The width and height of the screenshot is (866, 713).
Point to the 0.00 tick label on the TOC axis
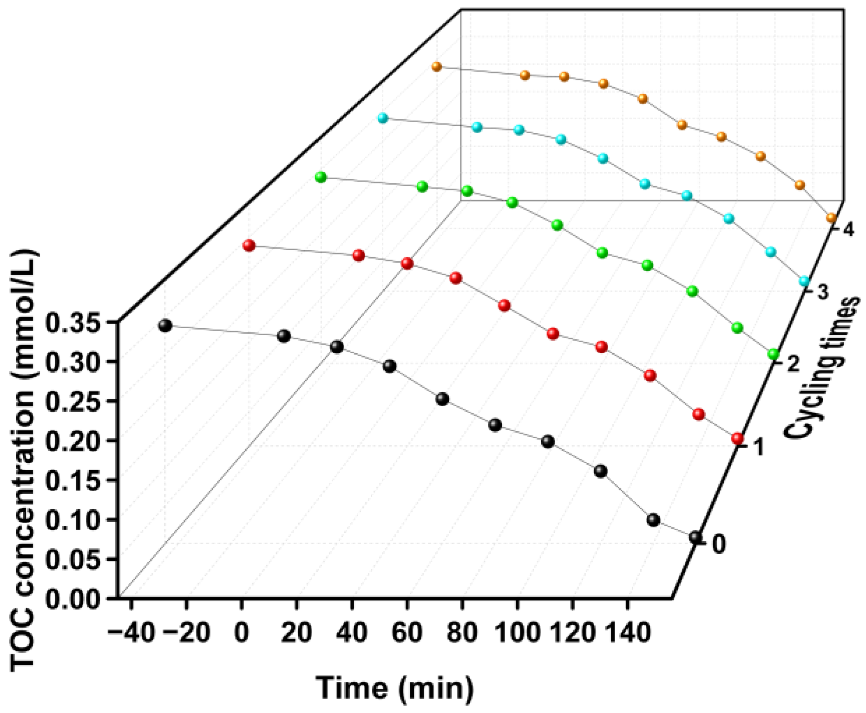[73, 599]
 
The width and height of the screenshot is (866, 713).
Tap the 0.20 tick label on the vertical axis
[73, 441]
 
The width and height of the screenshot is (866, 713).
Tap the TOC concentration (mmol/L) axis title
[23, 460]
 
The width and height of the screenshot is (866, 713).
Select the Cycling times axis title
[822, 367]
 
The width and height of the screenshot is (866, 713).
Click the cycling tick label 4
[848, 230]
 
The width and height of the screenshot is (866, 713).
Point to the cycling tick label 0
[718, 544]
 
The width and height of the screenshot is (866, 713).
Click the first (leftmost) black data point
[165, 326]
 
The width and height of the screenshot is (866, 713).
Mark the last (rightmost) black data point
[695, 538]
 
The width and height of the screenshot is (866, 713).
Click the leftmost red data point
[249, 245]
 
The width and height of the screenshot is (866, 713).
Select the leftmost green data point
[321, 177]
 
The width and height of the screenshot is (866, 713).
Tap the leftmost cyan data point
[382, 118]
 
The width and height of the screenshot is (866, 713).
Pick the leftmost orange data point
[436, 67]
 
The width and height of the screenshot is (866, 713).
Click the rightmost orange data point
[831, 218]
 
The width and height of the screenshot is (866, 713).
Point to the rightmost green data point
[773, 354]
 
